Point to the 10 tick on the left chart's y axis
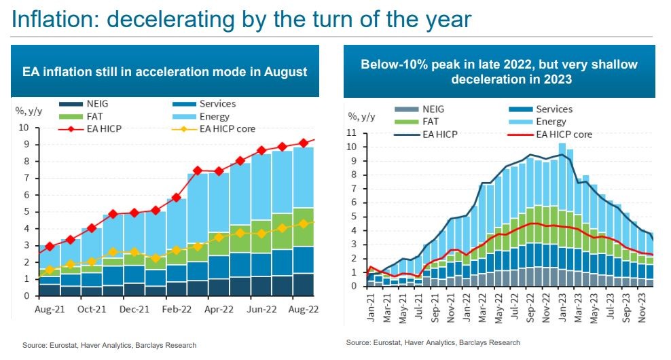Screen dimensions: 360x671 pyautogui.click(x=23, y=128)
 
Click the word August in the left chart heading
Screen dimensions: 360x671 pyautogui.click(x=285, y=72)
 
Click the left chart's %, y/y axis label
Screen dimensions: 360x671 pyautogui.click(x=30, y=111)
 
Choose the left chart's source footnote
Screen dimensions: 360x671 pyautogui.click(x=109, y=345)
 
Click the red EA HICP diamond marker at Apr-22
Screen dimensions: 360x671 pyautogui.click(x=219, y=172)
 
